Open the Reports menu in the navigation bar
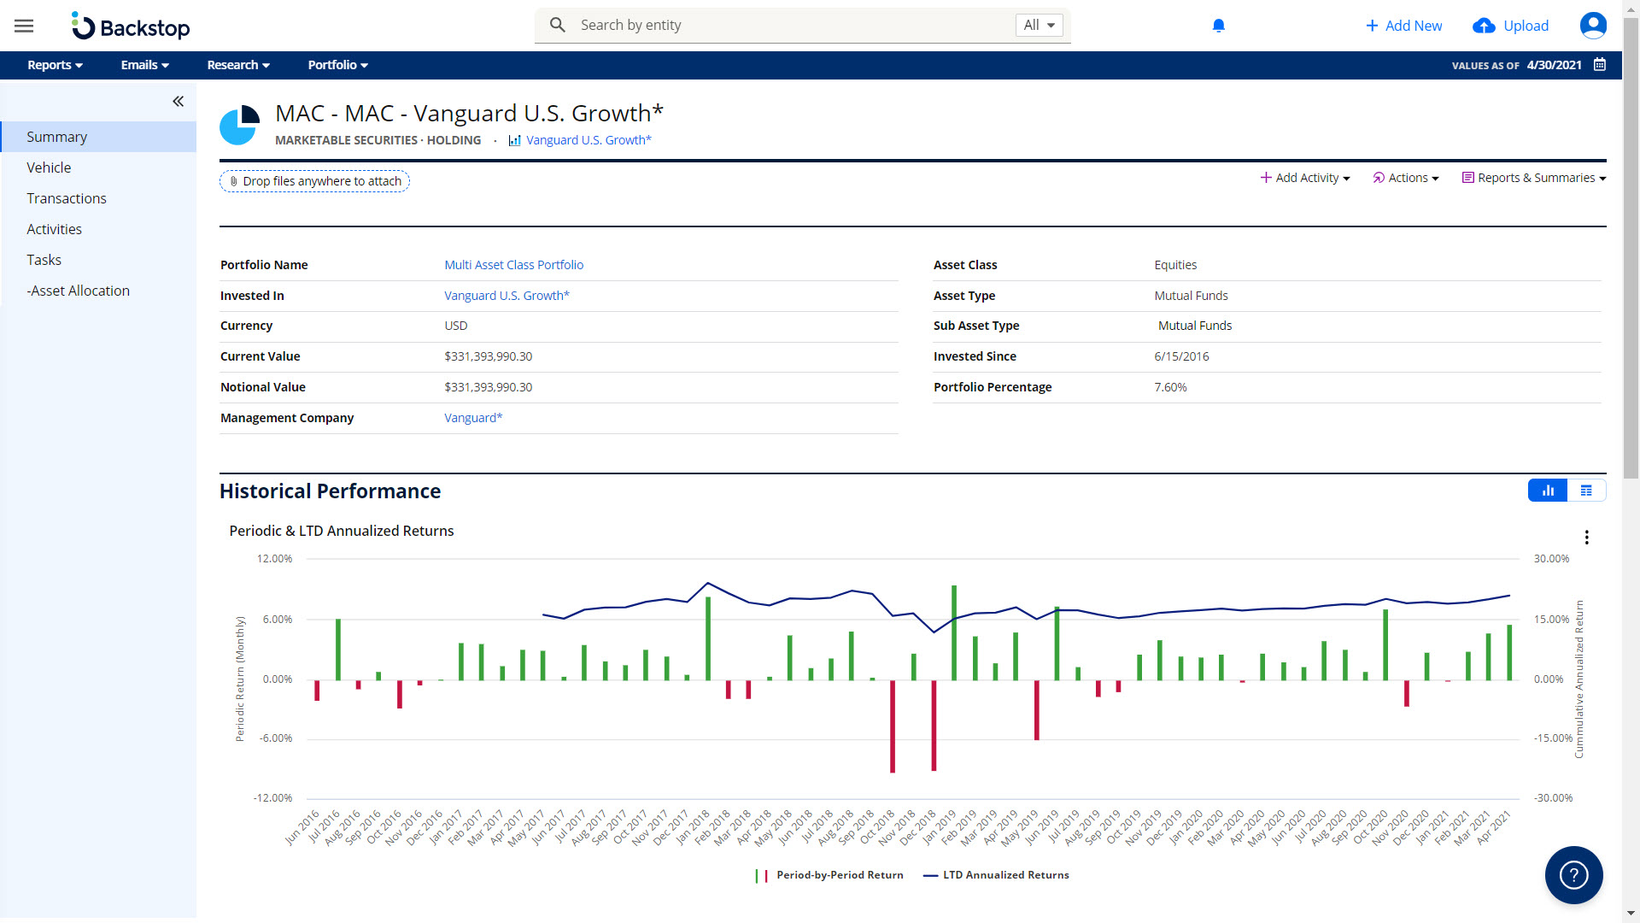pos(55,65)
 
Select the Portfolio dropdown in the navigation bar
pos(337,65)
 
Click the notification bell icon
pos(1219,26)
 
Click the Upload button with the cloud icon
pos(1510,26)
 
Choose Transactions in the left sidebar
pos(67,198)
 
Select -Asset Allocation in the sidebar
pos(78,291)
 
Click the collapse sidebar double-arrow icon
pos(178,102)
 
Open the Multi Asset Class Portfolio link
pos(513,265)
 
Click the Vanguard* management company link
pos(473,418)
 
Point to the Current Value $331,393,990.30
pos(488,356)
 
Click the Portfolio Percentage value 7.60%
pos(1170,387)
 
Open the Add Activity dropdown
pos(1305,178)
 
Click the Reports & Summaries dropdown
pos(1534,178)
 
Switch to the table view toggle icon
pos(1586,491)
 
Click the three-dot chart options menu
pos(1586,538)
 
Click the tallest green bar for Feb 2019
pos(954,632)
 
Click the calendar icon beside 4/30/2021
pos(1600,65)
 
